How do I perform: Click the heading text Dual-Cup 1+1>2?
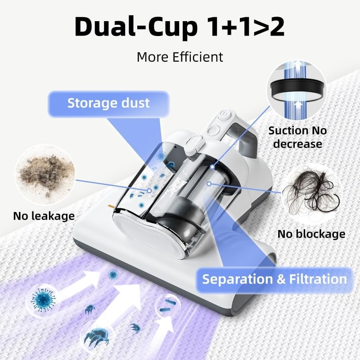pos(180,27)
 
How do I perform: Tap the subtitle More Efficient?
pos(180,57)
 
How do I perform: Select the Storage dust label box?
pos(108,104)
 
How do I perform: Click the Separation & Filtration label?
pos(274,279)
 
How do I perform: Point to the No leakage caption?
pos(44,216)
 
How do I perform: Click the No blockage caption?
pos(311,234)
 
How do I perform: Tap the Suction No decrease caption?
pos(297,137)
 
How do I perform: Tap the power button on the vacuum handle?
pos(223,114)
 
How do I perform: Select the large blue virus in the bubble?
pos(43,300)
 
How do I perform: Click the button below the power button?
pos(213,130)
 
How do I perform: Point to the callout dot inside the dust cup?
pos(149,190)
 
